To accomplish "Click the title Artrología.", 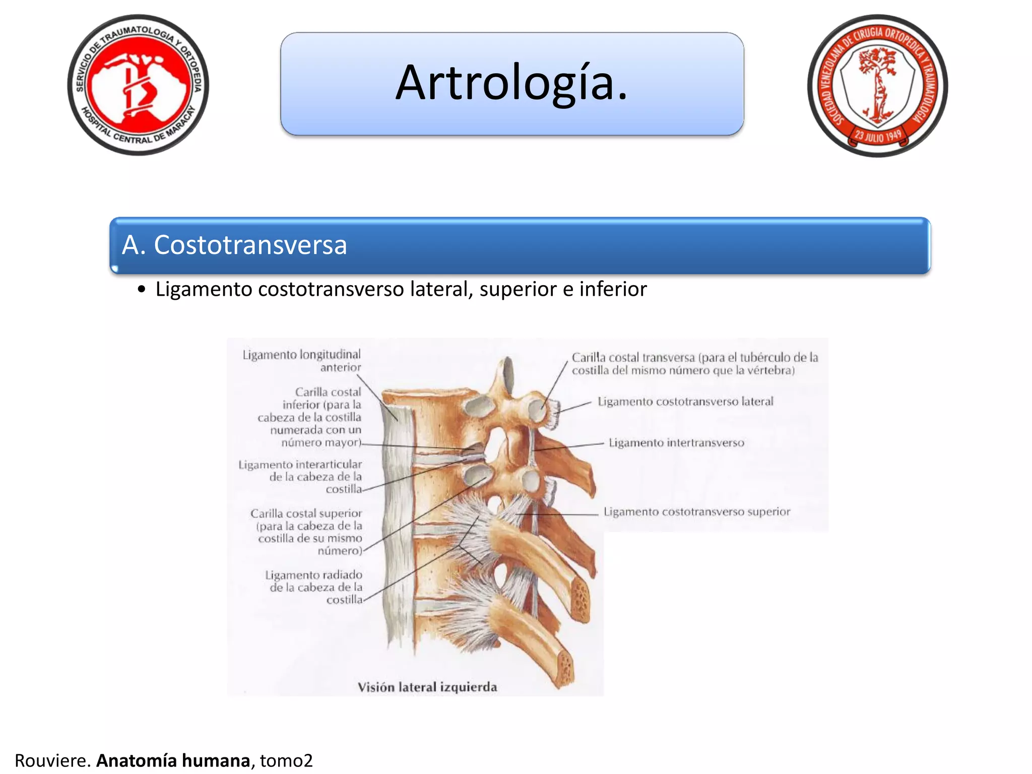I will [511, 83].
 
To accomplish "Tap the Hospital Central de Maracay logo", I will [138, 85].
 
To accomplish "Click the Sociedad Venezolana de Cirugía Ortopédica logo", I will [877, 86].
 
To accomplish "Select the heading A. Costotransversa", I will [234, 245].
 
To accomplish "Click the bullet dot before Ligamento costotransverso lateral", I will [142, 290].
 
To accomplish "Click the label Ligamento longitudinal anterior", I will [302, 361].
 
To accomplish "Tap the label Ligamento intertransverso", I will [676, 443].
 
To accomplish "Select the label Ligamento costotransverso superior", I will [697, 512].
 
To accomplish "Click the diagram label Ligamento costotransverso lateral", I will [685, 402].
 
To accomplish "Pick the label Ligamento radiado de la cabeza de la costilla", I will [314, 587].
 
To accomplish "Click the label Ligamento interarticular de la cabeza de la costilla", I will [301, 477].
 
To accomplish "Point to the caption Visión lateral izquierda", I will [427, 687].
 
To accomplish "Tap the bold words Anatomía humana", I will [173, 760].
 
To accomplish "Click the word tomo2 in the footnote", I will [286, 760].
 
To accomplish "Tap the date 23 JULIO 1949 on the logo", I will [878, 136].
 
